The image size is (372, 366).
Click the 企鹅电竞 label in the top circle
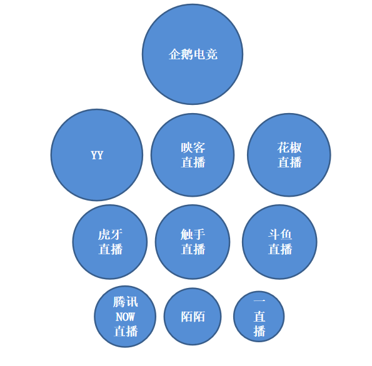click(x=193, y=54)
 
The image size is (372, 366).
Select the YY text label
click(x=97, y=156)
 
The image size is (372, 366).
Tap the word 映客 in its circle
click(x=193, y=147)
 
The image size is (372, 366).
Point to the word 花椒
click(x=289, y=147)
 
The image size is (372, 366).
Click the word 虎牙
click(x=110, y=234)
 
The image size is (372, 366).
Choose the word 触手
click(x=193, y=234)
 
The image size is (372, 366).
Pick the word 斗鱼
click(x=280, y=234)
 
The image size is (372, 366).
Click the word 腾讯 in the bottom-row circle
click(x=125, y=302)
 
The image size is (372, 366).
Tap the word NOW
click(x=125, y=317)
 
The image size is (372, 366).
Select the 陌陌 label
click(x=193, y=317)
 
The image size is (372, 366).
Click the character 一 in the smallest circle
click(x=259, y=301)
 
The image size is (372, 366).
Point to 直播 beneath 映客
click(x=193, y=162)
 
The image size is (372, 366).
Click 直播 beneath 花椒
click(x=289, y=162)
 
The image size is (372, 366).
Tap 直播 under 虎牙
click(x=110, y=249)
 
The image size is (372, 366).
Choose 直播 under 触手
click(x=193, y=249)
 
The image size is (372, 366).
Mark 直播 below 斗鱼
click(x=280, y=249)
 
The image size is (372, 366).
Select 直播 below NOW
click(x=126, y=331)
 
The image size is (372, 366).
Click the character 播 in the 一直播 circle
click(x=259, y=331)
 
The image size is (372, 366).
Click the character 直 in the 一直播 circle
click(x=259, y=317)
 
